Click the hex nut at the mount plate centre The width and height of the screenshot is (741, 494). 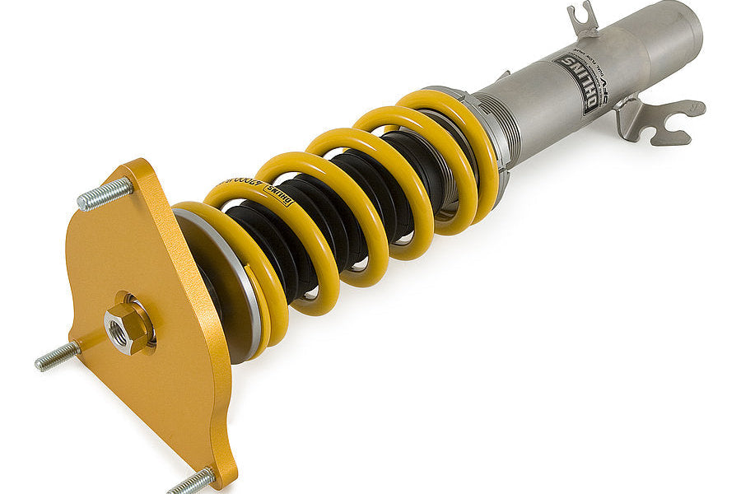pyautogui.click(x=127, y=326)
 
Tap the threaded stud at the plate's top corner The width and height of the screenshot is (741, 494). pyautogui.click(x=105, y=193)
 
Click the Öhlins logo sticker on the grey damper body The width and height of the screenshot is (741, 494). pyautogui.click(x=577, y=82)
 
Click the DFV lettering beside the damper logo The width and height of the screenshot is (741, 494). pyautogui.click(x=605, y=87)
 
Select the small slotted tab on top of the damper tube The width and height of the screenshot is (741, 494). pyautogui.click(x=583, y=18)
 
